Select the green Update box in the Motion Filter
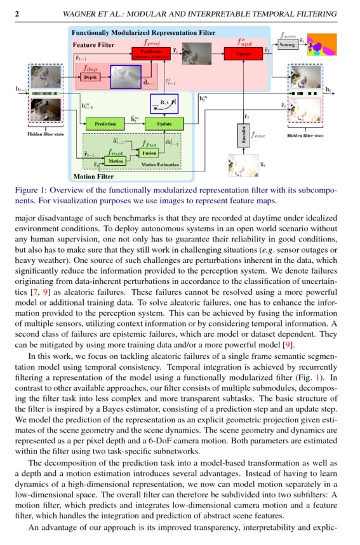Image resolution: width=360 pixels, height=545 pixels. click(x=164, y=123)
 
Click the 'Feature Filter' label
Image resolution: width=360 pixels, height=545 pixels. click(x=93, y=45)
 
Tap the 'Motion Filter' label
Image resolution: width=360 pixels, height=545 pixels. click(x=93, y=177)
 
